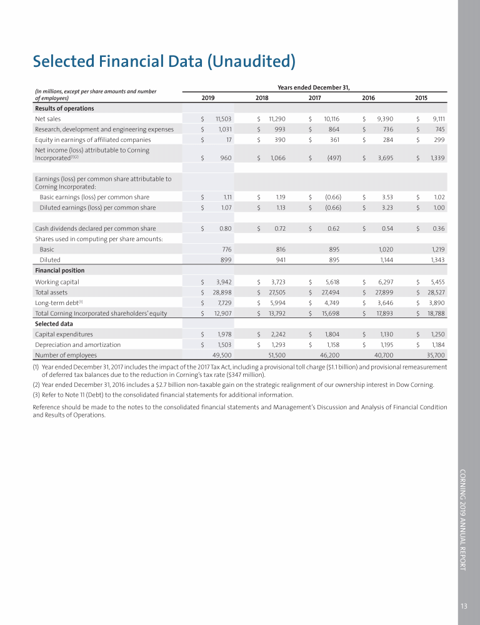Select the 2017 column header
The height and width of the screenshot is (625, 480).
click(315, 97)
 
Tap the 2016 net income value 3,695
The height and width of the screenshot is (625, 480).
click(383, 158)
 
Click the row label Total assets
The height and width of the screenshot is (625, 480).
click(51, 292)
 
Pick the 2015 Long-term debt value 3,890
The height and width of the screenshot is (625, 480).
click(436, 302)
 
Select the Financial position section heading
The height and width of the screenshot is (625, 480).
click(59, 271)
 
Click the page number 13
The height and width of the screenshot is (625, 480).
click(464, 605)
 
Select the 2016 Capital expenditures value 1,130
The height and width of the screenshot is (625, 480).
click(384, 334)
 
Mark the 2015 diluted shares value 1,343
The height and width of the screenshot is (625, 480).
click(436, 259)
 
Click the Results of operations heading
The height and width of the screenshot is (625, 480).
click(64, 108)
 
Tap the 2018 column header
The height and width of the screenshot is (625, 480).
click(262, 97)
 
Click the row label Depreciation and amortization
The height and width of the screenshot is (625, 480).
click(77, 344)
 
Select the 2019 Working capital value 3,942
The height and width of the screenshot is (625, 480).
click(224, 282)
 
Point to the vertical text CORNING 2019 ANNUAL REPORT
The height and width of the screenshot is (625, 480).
click(463, 519)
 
